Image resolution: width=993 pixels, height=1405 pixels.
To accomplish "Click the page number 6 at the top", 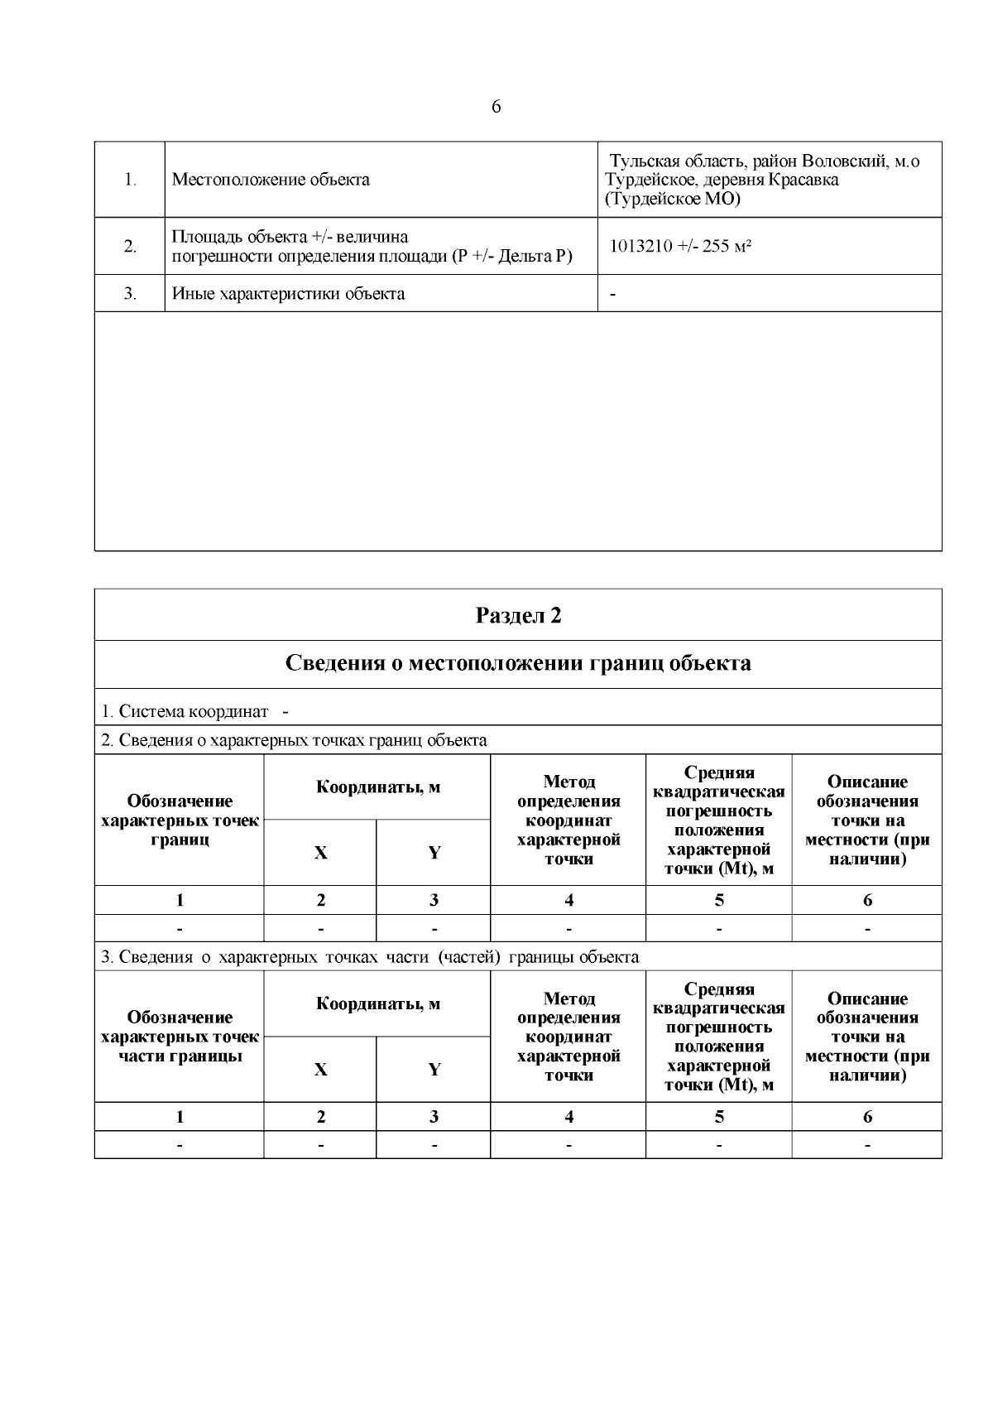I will click(496, 107).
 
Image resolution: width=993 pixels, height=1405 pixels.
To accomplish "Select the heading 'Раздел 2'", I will click(518, 615).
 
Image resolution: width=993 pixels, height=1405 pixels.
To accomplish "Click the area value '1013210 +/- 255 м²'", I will click(680, 247).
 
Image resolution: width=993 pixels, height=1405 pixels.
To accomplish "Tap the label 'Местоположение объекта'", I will click(271, 180).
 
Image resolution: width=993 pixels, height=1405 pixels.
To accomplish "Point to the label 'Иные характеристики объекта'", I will click(288, 293).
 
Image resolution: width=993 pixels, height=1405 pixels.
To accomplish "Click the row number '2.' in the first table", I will click(130, 247).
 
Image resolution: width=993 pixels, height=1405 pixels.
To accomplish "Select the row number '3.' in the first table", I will click(130, 293).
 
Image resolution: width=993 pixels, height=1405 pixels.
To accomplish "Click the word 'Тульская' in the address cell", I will click(640, 161).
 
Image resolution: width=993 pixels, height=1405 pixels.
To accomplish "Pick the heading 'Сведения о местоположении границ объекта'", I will click(518, 664).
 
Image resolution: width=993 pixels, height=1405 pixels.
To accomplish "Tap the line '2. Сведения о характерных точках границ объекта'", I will click(294, 740).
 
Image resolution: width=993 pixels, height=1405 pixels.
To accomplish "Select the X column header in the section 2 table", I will click(320, 853).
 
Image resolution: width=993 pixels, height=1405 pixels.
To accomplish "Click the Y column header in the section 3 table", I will click(434, 1070).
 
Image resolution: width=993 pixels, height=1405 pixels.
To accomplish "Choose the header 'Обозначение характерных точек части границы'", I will click(180, 1037).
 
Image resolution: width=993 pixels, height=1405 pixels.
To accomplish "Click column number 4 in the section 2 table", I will click(568, 900).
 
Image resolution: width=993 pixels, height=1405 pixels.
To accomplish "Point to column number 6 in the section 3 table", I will click(867, 1117).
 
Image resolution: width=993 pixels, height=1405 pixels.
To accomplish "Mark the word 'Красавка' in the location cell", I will click(802, 180).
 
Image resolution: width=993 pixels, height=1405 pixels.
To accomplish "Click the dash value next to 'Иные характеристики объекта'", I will click(612, 293).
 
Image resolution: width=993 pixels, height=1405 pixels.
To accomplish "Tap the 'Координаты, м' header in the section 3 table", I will click(378, 1004).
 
